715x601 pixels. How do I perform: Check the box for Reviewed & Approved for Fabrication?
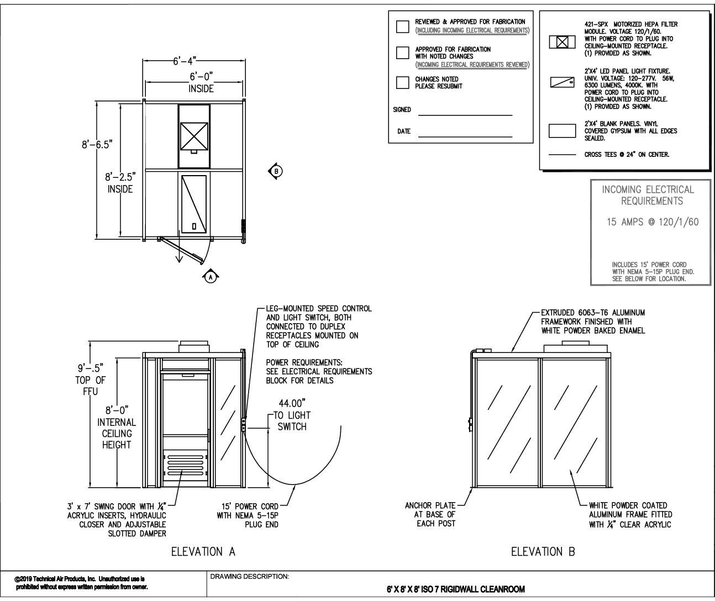coord(403,27)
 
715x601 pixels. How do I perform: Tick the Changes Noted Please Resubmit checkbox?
coord(403,83)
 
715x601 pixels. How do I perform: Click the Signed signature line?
coord(465,114)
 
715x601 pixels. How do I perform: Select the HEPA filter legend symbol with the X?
coord(562,42)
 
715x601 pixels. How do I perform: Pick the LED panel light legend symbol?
coord(562,83)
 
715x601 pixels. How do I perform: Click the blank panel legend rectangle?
coord(562,130)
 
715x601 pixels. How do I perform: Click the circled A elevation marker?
coord(209,277)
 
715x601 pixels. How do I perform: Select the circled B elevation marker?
coord(276,171)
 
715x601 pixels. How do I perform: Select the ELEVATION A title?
coord(203,551)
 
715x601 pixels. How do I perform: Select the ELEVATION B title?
coord(543,551)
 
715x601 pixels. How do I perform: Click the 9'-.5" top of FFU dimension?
coord(90,367)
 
